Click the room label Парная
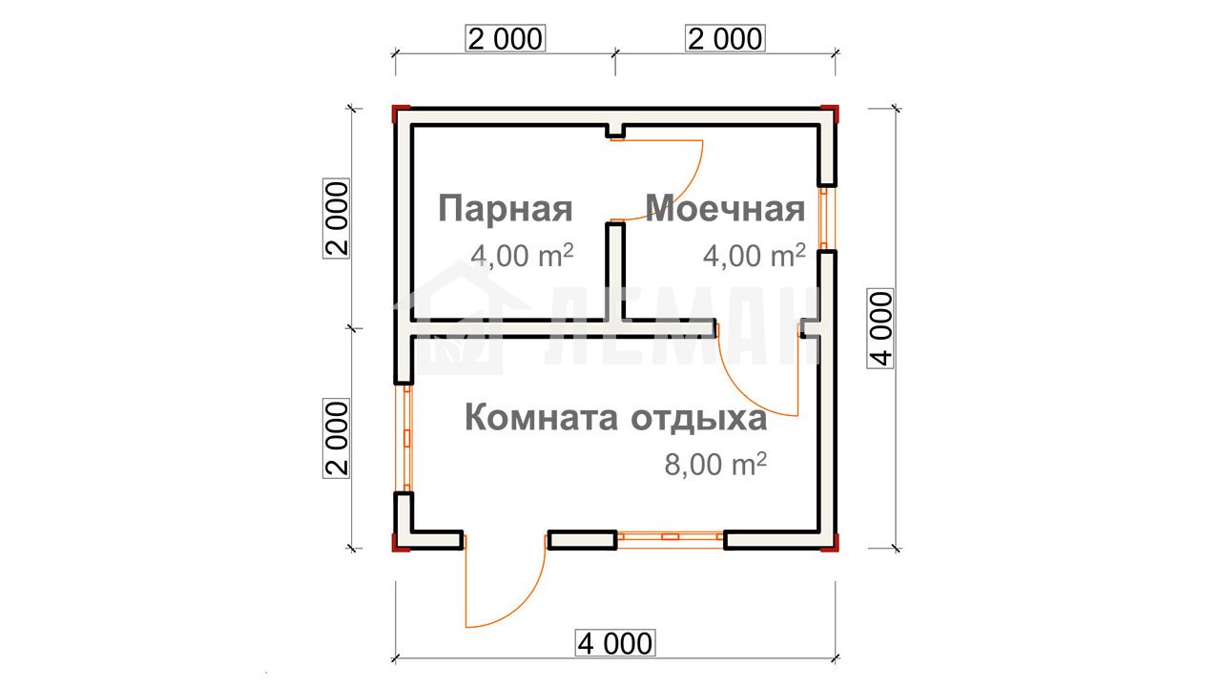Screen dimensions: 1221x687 [506, 210]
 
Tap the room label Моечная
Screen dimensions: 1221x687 [725, 209]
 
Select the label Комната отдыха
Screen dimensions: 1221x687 [616, 419]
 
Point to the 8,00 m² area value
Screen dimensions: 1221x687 [715, 464]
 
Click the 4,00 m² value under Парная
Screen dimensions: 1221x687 [522, 255]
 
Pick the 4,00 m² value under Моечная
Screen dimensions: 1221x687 [755, 255]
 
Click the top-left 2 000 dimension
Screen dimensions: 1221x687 [506, 39]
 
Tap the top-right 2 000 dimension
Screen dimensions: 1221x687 [725, 39]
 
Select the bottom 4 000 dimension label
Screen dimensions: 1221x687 [615, 643]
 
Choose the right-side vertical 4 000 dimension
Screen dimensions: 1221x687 [880, 328]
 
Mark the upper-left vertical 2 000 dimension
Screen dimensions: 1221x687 [337, 219]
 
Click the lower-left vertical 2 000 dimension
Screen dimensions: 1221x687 [337, 438]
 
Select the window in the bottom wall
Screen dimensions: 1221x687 [671, 536]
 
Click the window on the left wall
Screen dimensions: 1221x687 [406, 438]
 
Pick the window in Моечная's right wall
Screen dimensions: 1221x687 [823, 219]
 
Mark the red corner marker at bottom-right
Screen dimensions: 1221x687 [831, 543]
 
